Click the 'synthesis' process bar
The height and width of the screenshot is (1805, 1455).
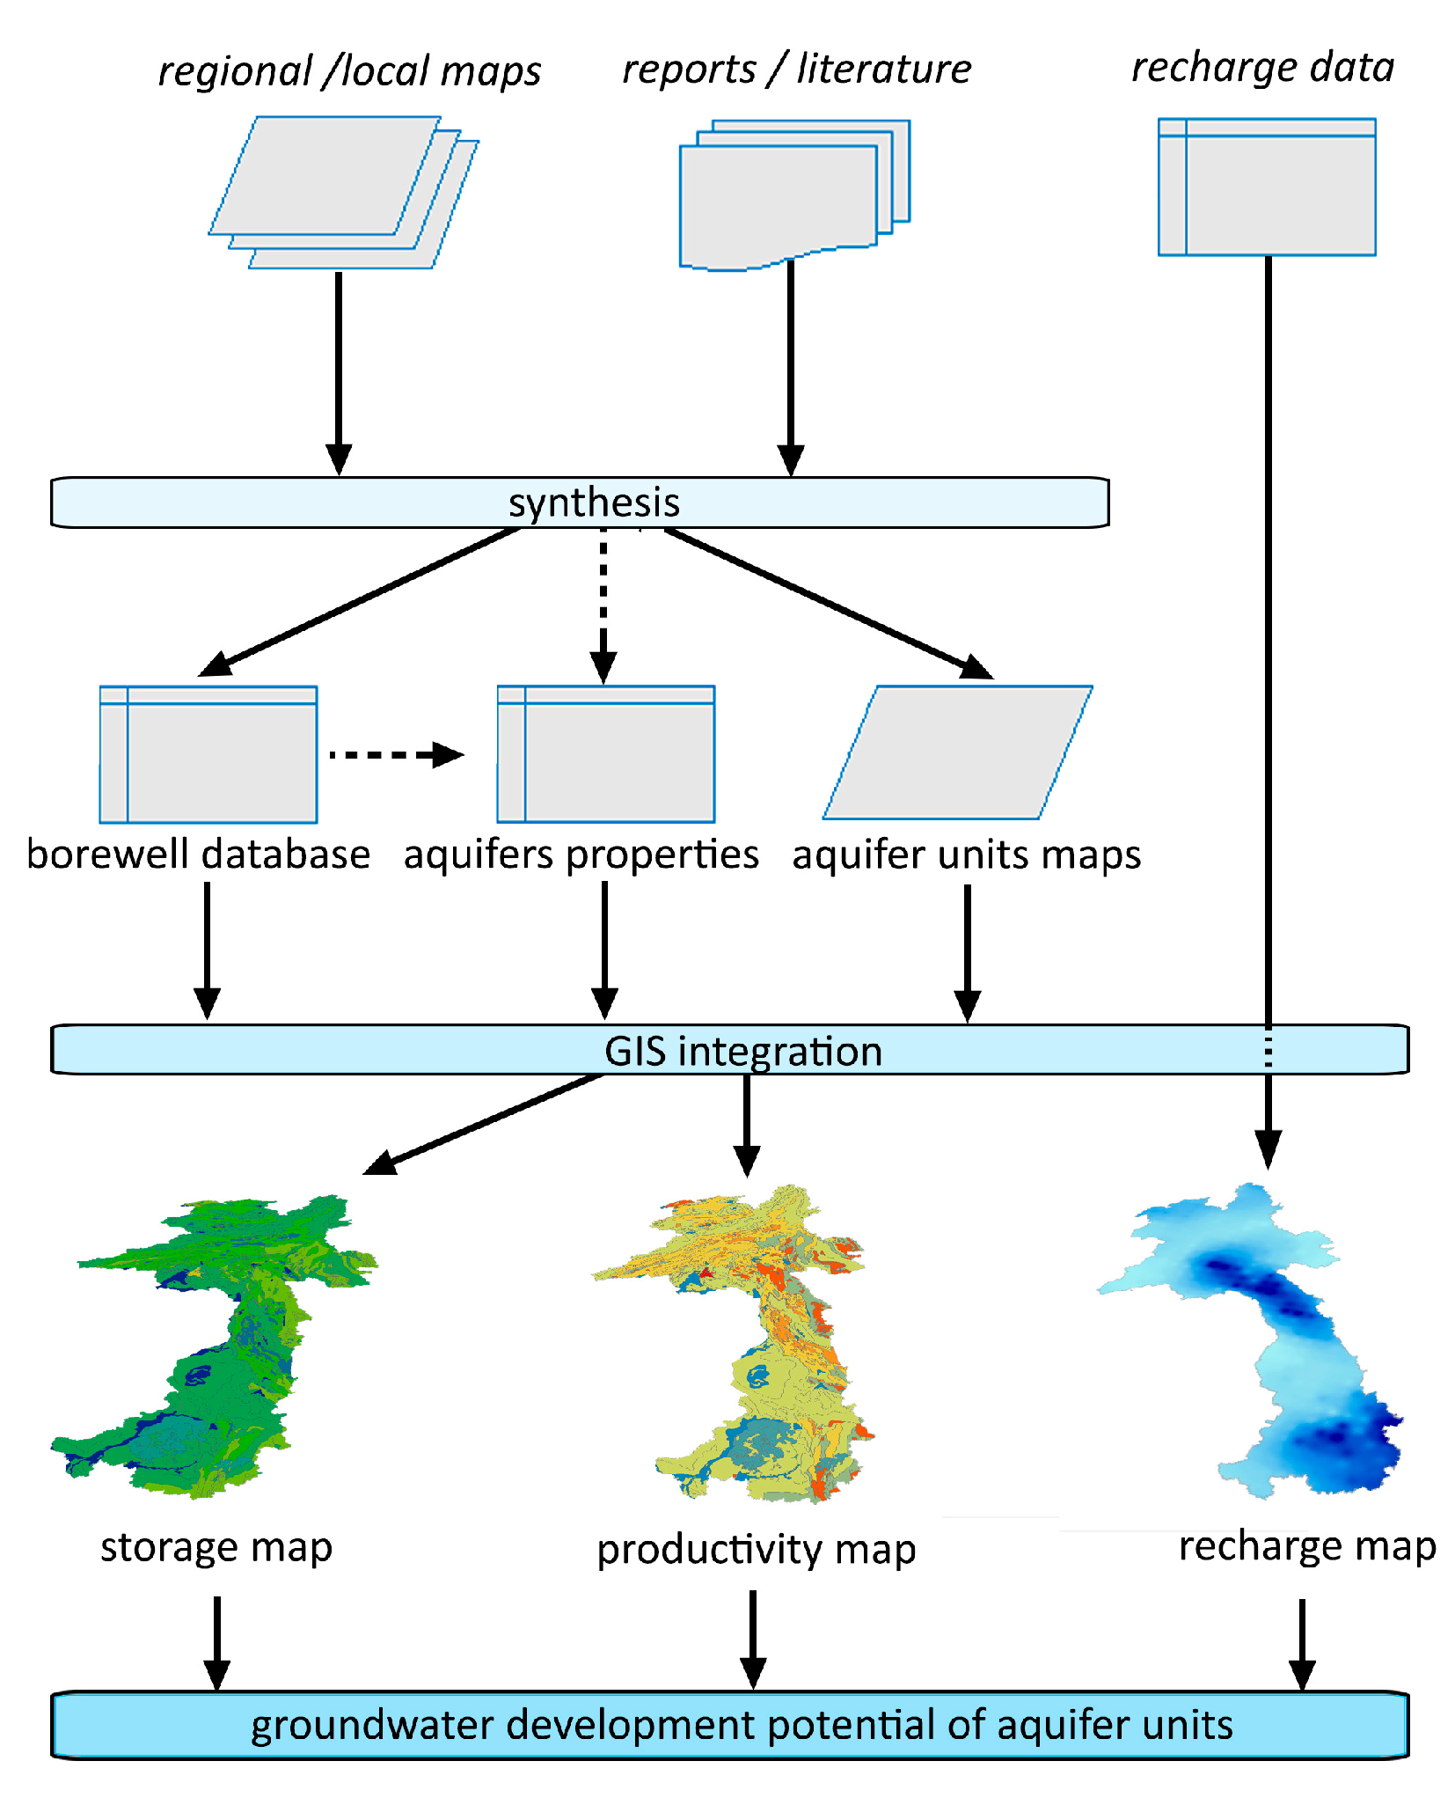[581, 503]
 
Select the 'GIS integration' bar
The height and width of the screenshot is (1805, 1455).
[730, 1050]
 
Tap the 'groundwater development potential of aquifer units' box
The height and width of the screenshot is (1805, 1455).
[730, 1725]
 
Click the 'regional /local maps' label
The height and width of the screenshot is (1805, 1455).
[349, 71]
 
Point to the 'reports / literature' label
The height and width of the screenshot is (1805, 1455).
[796, 69]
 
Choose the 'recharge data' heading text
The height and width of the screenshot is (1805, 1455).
[1262, 67]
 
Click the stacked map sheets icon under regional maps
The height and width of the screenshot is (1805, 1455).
[343, 192]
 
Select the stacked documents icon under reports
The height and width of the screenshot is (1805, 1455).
[792, 195]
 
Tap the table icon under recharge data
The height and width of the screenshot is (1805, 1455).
[1267, 187]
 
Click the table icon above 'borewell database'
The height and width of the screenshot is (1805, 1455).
[208, 754]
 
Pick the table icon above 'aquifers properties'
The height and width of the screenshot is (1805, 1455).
[606, 754]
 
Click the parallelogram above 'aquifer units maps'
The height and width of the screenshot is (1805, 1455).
[958, 752]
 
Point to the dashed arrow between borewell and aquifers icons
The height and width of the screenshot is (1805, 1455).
[396, 754]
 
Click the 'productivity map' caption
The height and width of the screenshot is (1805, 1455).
[757, 1550]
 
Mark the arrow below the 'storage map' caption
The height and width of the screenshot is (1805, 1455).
[216, 1641]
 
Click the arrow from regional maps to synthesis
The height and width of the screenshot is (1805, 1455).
[339, 370]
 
